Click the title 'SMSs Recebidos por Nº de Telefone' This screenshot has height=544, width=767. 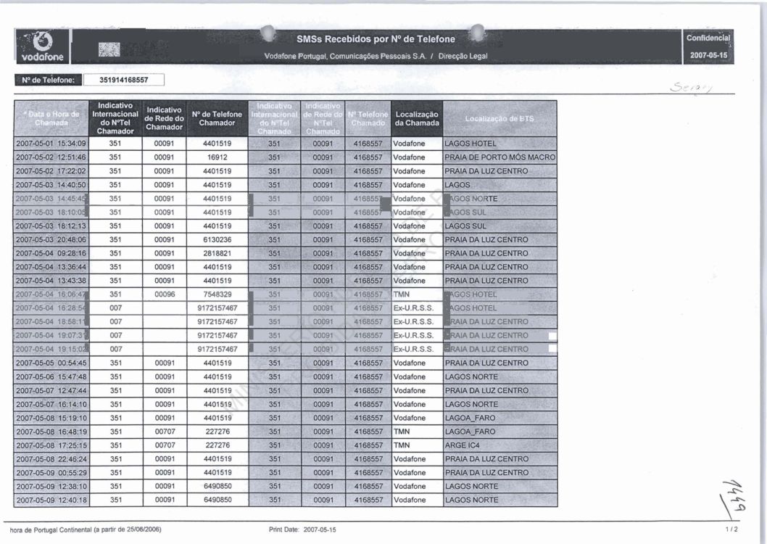pyautogui.click(x=376, y=39)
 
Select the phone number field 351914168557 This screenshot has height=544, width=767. pyautogui.click(x=123, y=81)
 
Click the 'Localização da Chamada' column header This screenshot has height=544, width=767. pyautogui.click(x=416, y=118)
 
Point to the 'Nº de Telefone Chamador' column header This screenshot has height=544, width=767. pyautogui.click(x=217, y=118)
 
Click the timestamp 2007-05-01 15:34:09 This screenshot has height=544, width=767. pyautogui.click(x=51, y=144)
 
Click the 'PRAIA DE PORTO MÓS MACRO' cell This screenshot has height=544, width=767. pyautogui.click(x=499, y=157)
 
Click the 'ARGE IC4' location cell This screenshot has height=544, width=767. pyautogui.click(x=463, y=445)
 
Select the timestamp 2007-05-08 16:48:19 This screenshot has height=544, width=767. pyautogui.click(x=51, y=432)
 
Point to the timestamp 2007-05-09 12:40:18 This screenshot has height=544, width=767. pyautogui.click(x=51, y=500)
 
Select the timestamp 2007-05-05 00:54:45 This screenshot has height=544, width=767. pyautogui.click(x=51, y=363)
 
